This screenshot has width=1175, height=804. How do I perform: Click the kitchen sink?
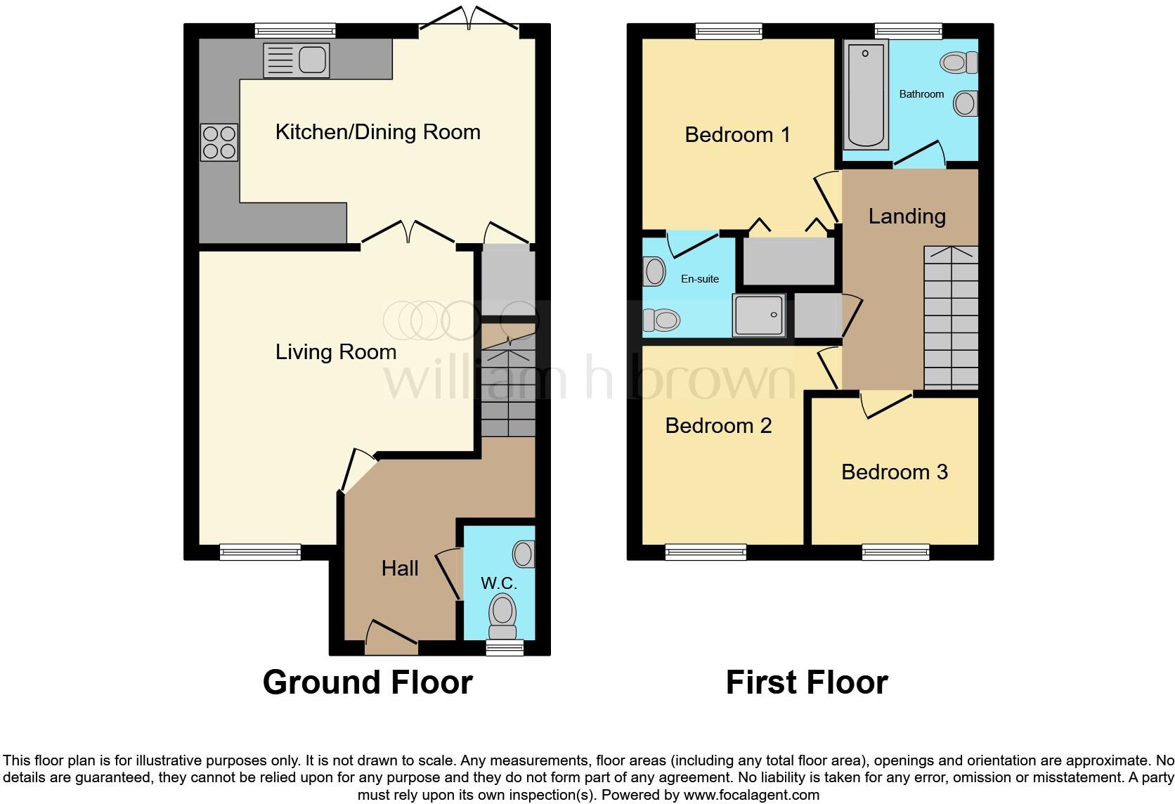point(297,60)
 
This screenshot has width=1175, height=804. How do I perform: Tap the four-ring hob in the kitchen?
point(219,142)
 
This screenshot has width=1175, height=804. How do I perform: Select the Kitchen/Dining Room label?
point(377,131)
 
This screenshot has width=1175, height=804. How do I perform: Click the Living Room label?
point(336,351)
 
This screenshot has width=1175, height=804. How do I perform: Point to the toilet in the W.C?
point(502,616)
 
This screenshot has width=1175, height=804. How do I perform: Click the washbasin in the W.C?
point(524,554)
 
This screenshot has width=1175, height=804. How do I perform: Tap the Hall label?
point(400,568)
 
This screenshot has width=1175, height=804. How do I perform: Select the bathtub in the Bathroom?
point(866,95)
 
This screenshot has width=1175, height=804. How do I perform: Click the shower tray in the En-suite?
point(760,315)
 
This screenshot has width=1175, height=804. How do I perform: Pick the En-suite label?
point(700,279)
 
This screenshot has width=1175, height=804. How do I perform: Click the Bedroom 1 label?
point(737,135)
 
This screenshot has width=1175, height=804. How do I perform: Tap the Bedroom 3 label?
point(895,472)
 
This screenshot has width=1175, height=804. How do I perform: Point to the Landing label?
point(907,216)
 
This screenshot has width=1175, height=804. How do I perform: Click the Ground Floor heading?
point(368,682)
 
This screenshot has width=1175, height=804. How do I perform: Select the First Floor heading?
point(807,682)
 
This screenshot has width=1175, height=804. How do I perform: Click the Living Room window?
point(260,552)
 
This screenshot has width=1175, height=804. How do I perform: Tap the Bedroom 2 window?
point(706,552)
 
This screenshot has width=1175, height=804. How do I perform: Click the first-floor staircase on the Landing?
point(951,318)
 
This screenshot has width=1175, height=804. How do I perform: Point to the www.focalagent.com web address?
point(751,795)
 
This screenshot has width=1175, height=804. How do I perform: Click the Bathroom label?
point(921,94)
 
